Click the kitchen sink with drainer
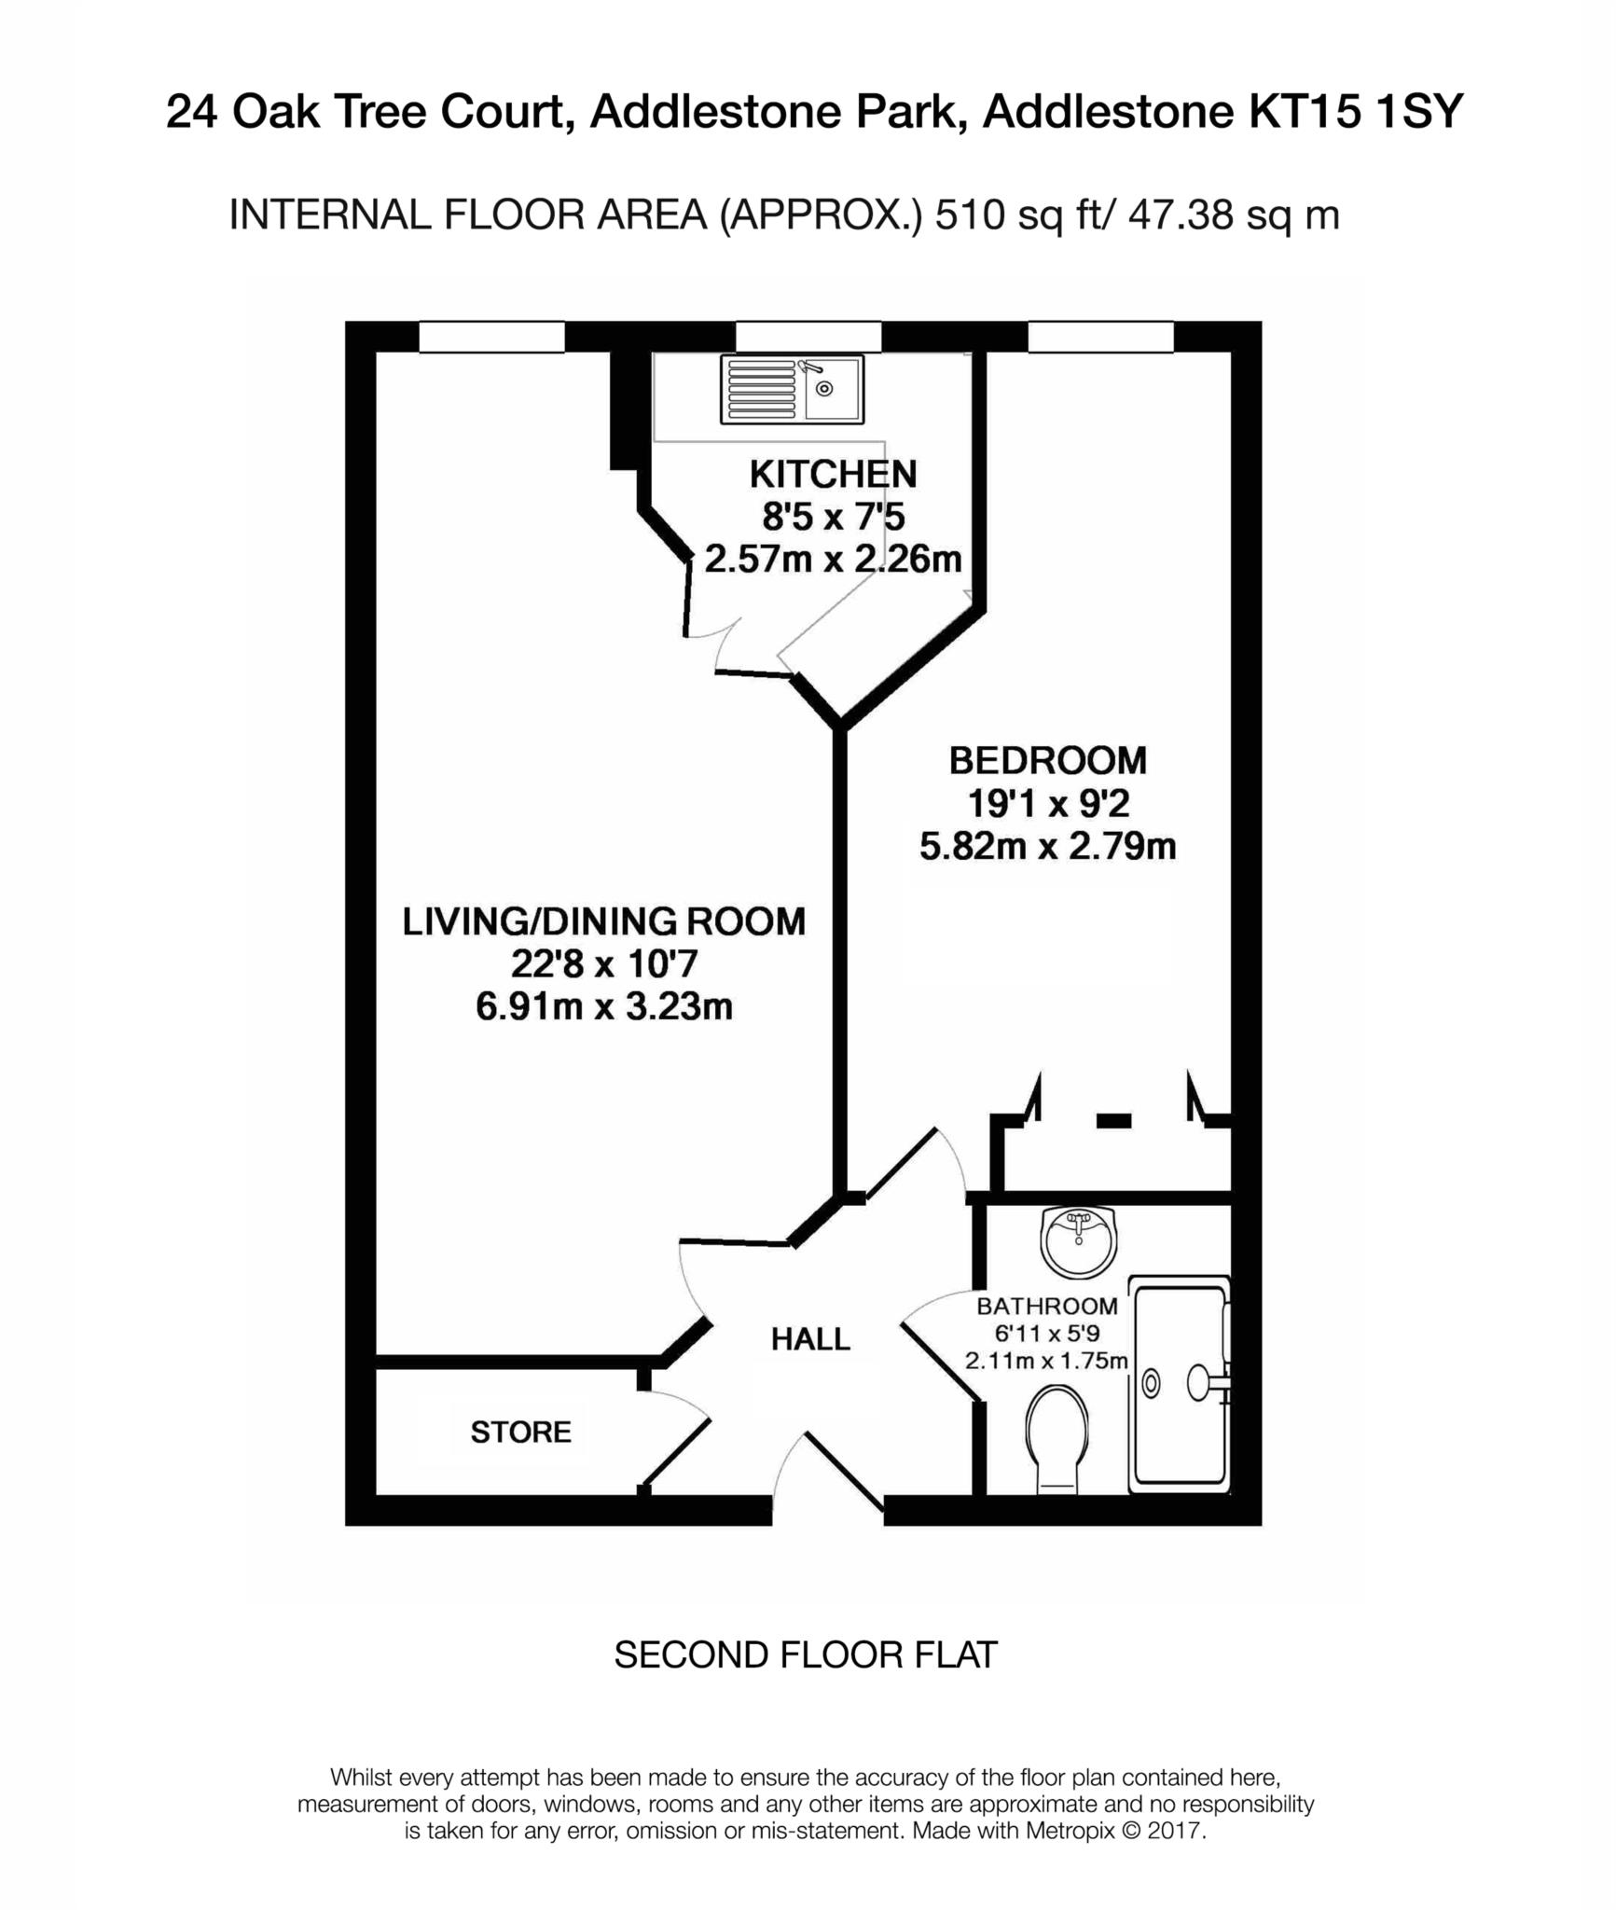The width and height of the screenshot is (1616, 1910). coord(791,389)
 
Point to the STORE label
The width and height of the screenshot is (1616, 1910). coord(520,1432)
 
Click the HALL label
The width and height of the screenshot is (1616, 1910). coord(810,1339)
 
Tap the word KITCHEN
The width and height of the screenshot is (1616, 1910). coord(833,475)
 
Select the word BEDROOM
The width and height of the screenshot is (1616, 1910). coord(1047,761)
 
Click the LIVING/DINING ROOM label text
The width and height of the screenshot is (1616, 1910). coord(603,921)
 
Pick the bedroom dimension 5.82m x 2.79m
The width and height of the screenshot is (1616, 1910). coord(1047,847)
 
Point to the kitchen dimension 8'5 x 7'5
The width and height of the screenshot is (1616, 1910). coord(833,517)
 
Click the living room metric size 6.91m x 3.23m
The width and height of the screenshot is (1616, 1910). coord(603,1007)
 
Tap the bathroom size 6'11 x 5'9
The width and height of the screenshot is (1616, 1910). coord(1046,1334)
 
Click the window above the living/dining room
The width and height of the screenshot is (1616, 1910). coord(491,337)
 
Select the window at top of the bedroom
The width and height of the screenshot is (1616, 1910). coord(1100,337)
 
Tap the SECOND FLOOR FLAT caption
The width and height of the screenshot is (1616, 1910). coord(806,1655)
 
